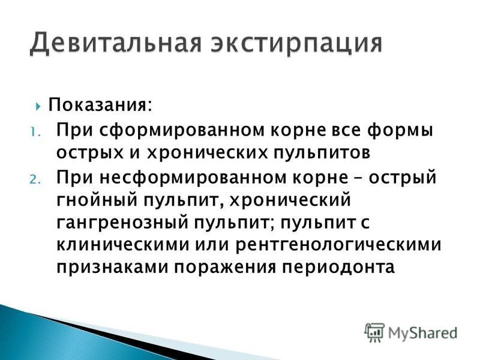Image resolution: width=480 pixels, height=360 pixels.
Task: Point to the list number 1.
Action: click(x=34, y=132)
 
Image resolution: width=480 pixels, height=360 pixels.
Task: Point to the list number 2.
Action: click(x=35, y=179)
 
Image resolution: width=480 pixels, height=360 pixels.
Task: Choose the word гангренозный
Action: click(x=122, y=223)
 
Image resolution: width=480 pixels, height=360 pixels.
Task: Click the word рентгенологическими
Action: click(x=339, y=245)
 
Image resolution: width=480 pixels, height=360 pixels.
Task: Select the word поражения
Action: click(x=226, y=268)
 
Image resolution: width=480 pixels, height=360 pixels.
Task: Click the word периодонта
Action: click(x=338, y=268)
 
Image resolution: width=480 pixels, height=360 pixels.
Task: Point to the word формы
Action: click(x=400, y=130)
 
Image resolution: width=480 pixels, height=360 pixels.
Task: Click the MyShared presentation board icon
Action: click(x=374, y=332)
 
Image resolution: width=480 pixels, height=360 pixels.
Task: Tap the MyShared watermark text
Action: click(x=422, y=333)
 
